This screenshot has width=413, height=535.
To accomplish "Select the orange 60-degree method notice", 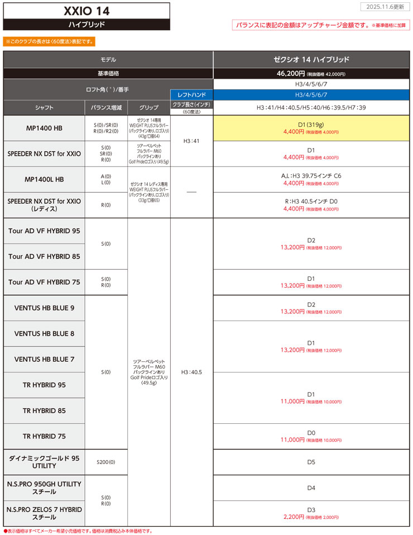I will [x=49, y=41].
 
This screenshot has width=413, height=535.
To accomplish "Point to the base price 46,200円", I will [x=290, y=73].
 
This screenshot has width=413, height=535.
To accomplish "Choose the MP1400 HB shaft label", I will [x=44, y=128].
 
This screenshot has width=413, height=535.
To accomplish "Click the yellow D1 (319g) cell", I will [x=311, y=128].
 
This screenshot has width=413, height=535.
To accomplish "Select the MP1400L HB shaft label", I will [x=44, y=179].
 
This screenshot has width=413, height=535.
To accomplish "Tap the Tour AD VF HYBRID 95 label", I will [x=44, y=231].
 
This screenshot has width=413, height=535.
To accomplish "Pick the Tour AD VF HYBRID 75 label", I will [x=44, y=282].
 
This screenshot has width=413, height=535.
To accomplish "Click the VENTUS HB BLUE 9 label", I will [x=44, y=308].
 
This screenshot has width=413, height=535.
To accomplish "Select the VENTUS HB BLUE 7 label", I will [x=44, y=359].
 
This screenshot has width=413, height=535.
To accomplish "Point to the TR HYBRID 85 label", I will [x=44, y=410].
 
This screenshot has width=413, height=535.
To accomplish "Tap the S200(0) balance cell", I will [x=105, y=462].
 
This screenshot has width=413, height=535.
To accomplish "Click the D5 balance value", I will [x=311, y=462].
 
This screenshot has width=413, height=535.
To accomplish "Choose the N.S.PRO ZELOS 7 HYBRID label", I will [x=44, y=513].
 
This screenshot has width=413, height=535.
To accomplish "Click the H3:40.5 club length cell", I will [x=191, y=371].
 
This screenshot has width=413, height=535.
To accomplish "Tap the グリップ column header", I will [x=149, y=107].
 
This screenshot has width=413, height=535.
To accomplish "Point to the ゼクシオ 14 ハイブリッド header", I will [x=311, y=59].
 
